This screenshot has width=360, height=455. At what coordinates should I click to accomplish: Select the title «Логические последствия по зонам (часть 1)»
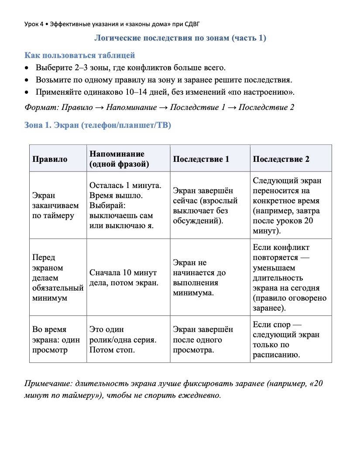(x=180, y=38)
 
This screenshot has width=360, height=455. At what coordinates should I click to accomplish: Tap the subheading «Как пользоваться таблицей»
(x=79, y=55)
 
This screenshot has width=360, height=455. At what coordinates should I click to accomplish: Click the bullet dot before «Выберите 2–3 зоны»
(x=27, y=68)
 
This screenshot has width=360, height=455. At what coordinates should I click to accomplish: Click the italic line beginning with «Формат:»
(x=159, y=107)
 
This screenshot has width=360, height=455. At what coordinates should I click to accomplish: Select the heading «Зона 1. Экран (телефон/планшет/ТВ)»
(x=98, y=126)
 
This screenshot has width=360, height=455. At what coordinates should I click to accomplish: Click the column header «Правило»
(x=50, y=159)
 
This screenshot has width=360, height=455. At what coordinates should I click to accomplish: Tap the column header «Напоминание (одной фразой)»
(x=117, y=159)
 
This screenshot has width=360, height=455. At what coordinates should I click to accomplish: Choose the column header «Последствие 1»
(x=201, y=159)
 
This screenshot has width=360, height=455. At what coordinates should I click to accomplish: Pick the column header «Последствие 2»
(x=281, y=159)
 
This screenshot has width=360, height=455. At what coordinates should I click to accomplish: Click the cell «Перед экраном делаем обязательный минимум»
(x=58, y=278)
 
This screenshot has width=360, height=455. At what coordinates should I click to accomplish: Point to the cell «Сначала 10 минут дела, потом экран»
(x=123, y=278)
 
